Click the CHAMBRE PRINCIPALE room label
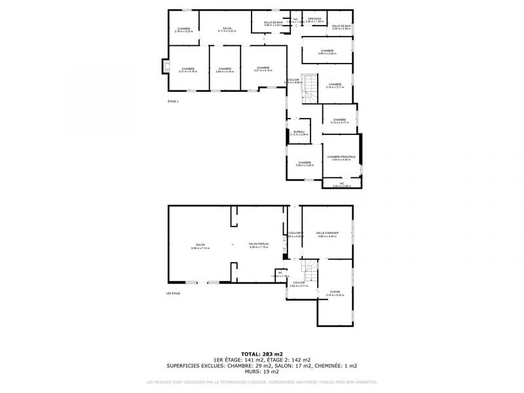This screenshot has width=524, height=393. click(x=341, y=157)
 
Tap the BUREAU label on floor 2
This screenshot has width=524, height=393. click(x=299, y=131)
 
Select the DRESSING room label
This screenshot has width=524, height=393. click(x=314, y=18)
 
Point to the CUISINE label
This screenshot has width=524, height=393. click(x=335, y=291)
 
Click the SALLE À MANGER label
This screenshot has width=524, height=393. click(x=327, y=233)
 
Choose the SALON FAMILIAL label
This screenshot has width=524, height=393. click(x=259, y=244)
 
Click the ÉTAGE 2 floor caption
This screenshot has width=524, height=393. click(x=173, y=102)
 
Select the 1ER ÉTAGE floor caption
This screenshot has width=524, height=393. click(x=173, y=293)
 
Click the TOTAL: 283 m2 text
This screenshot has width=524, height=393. click(x=261, y=354)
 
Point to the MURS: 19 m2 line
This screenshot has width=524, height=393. click(x=261, y=371)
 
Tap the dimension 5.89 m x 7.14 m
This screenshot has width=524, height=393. click(x=200, y=248)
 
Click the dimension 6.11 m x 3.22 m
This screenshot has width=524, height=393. click(x=227, y=31)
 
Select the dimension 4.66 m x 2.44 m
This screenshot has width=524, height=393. click(x=327, y=54)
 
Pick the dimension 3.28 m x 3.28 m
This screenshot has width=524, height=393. click(x=304, y=166)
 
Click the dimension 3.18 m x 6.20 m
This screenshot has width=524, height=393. click(x=335, y=295)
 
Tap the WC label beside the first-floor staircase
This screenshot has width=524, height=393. click(x=280, y=272)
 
